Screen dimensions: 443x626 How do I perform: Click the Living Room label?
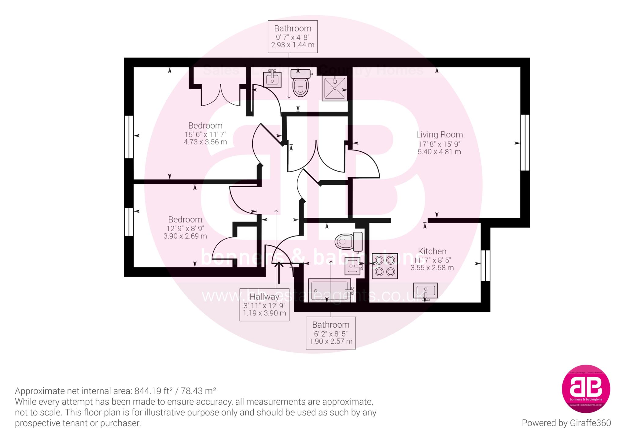(x=439, y=135)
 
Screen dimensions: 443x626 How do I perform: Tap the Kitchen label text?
(x=432, y=251)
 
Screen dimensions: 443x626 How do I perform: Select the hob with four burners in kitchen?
(x=385, y=266)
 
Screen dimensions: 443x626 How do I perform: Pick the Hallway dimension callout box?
(x=264, y=305)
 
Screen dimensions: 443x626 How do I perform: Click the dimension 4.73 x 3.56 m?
(x=205, y=142)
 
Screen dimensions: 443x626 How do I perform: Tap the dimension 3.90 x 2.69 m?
(x=185, y=236)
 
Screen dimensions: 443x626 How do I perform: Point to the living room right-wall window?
(x=525, y=142)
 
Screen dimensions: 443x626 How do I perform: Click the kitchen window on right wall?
(x=485, y=266)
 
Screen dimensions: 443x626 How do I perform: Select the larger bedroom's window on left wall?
(x=129, y=137)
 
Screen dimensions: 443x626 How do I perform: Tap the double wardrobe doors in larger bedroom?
(x=220, y=95)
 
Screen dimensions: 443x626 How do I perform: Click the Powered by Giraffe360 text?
(x=566, y=423)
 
